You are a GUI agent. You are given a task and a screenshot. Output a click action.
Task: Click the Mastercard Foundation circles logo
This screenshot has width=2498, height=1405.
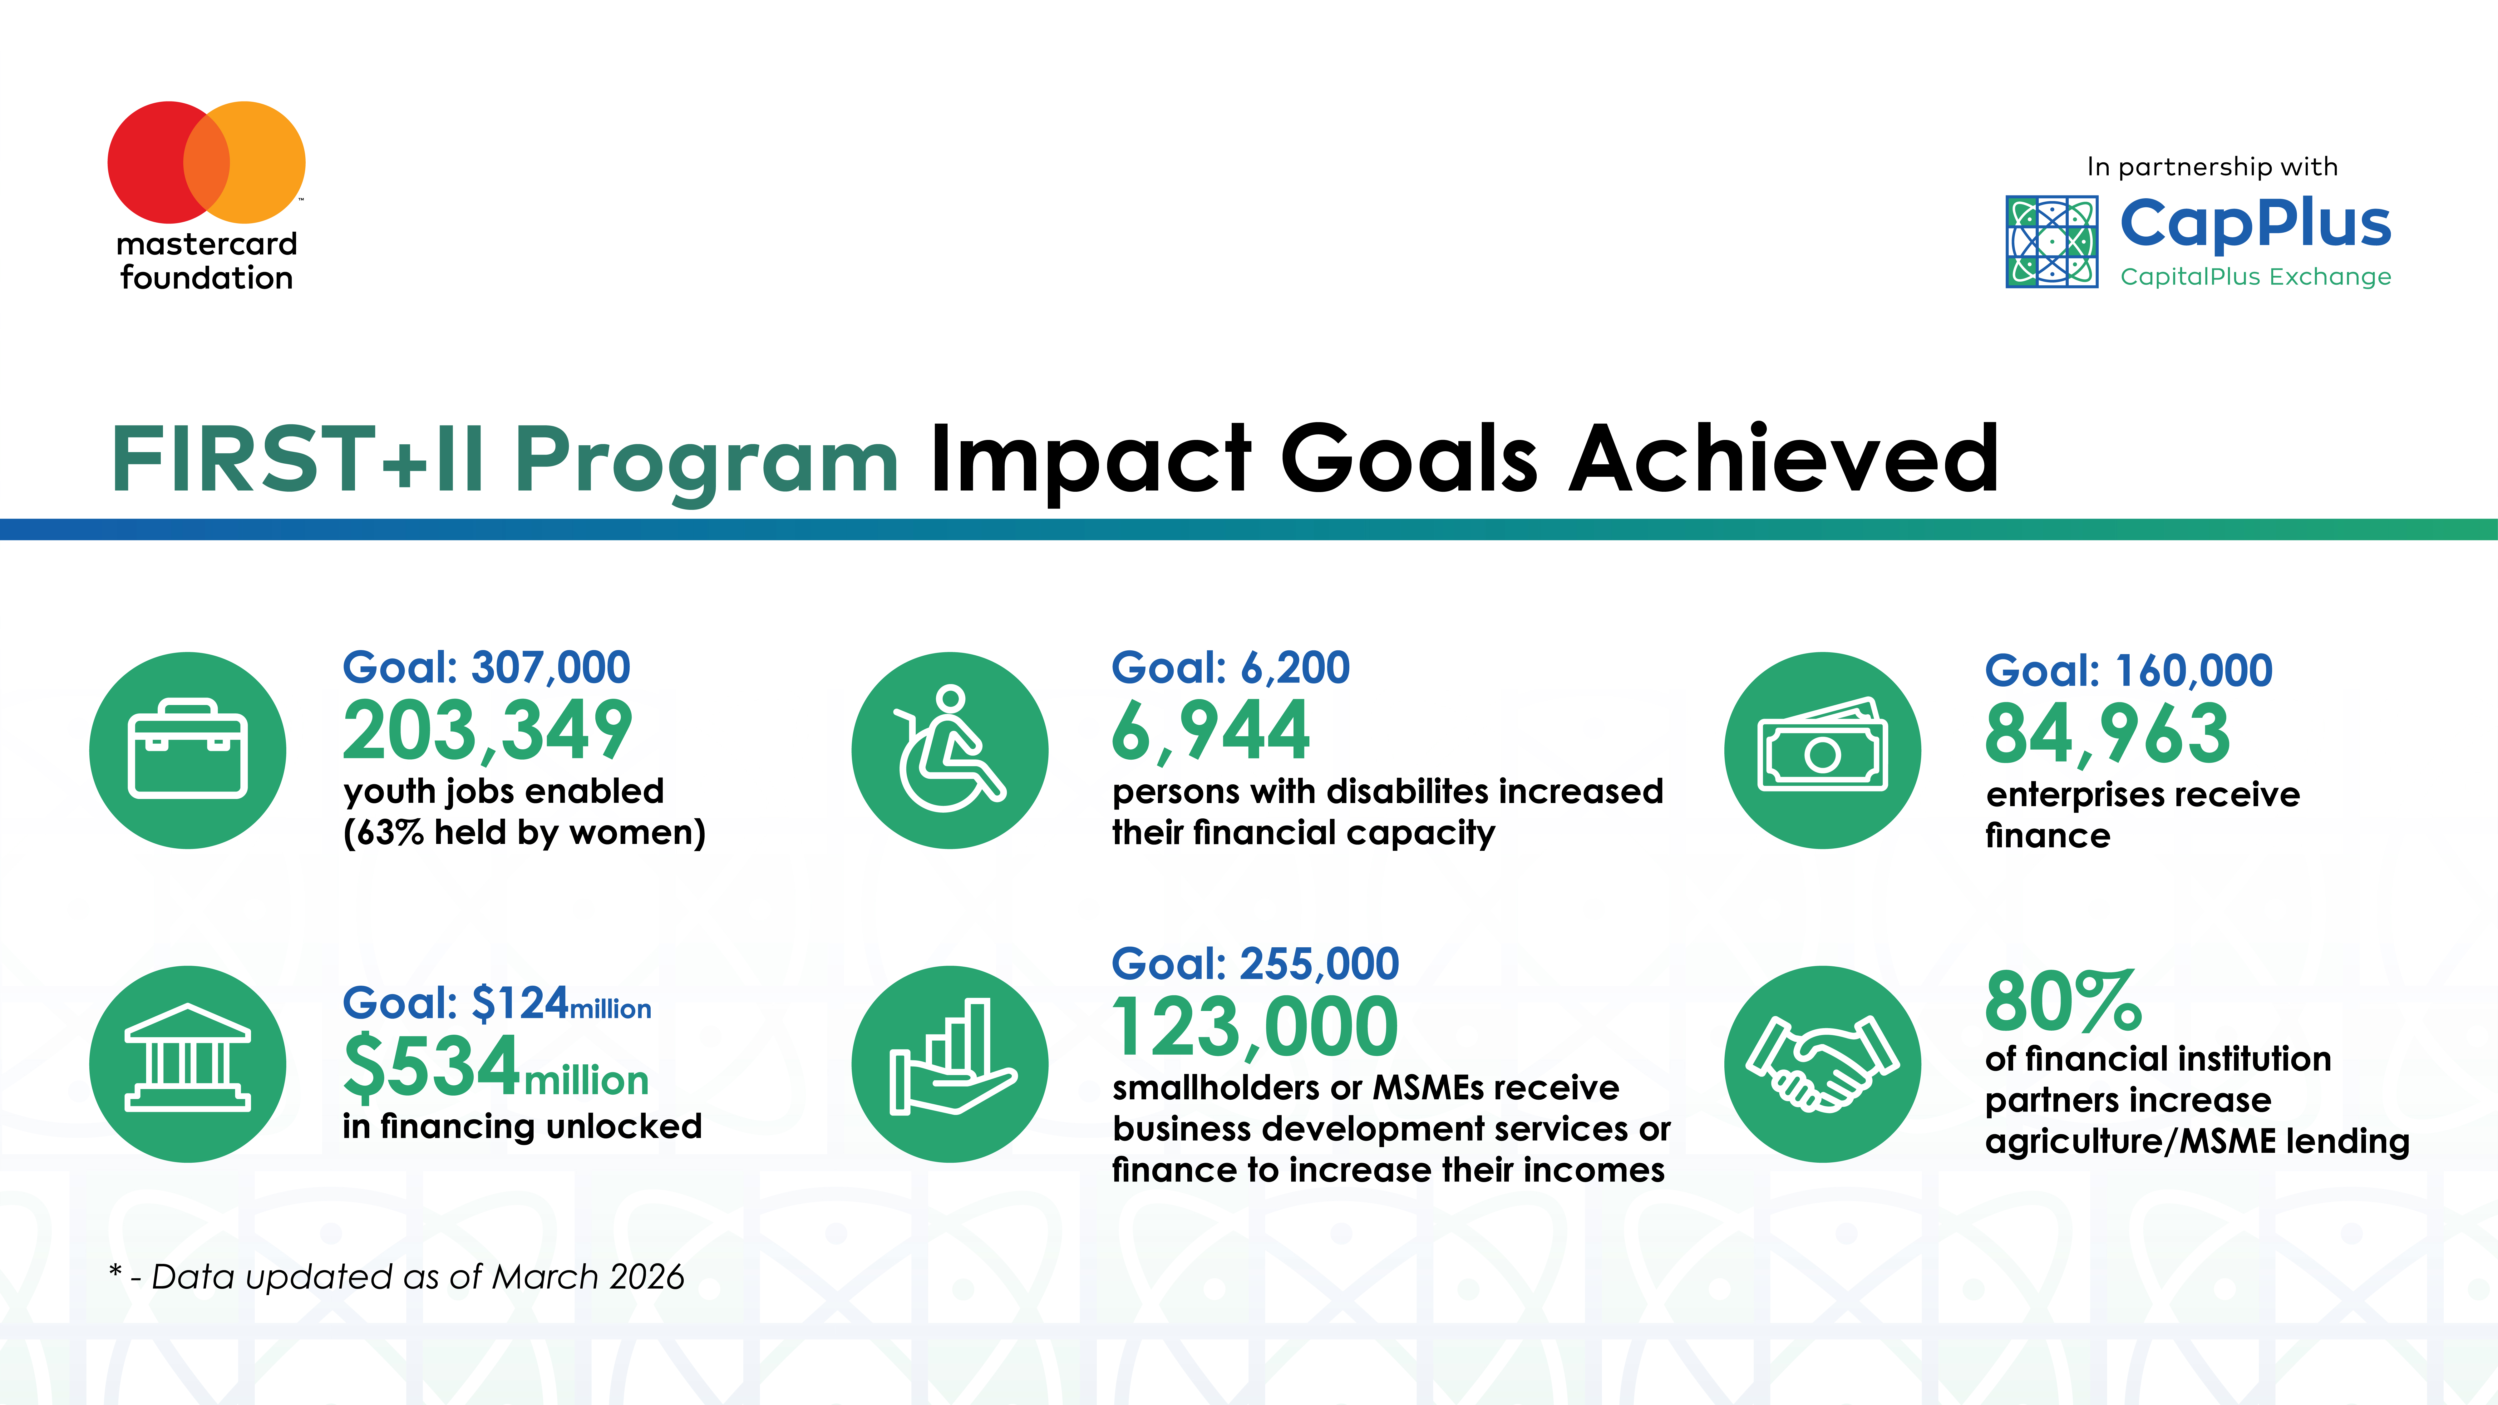coord(207,162)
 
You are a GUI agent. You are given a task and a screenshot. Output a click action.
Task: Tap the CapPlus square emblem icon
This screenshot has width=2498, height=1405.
coord(2052,241)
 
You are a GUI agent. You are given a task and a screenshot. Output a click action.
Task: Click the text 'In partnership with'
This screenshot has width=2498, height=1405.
coord(2212,167)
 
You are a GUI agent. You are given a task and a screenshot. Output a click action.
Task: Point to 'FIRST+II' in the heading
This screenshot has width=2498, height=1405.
coord(298,459)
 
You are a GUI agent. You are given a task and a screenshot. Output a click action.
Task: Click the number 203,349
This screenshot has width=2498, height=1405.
coord(488,731)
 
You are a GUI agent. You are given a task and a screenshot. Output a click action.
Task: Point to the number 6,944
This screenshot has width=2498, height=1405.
coord(1211,731)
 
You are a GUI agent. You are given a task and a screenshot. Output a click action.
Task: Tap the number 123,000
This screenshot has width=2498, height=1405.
coord(1255,1028)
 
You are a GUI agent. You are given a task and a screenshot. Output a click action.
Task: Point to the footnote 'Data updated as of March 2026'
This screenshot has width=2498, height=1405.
coord(418,1277)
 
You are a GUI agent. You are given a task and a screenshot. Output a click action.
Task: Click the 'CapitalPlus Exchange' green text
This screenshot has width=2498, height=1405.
coord(2256,277)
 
